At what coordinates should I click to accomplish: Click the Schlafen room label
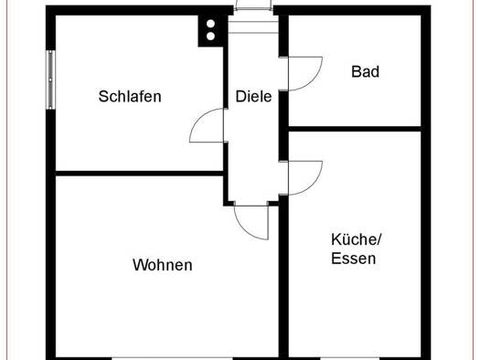pos(130,96)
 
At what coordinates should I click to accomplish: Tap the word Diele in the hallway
pos(253,96)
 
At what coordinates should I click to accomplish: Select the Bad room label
pos(365,71)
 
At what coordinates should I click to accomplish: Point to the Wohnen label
pos(163,265)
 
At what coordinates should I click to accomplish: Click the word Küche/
pos(357,238)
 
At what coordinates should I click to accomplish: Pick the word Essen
pos(354,259)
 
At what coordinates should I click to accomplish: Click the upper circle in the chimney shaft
pos(210,24)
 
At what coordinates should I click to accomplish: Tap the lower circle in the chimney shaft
pos(210,37)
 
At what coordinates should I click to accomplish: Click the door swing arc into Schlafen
pos(197,118)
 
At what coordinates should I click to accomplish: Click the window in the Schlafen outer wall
pos(50,79)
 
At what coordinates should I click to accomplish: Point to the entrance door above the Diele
pos(253,5)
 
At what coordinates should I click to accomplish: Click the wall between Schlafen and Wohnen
pos(139,174)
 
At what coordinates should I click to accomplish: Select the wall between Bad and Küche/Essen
pos(355,129)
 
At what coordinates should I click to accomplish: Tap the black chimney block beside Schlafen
pos(213,30)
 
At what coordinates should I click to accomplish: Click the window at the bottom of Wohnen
pos(173,358)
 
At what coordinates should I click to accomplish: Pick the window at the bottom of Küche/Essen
pos(350,358)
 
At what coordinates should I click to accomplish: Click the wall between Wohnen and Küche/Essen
pos(283,277)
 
